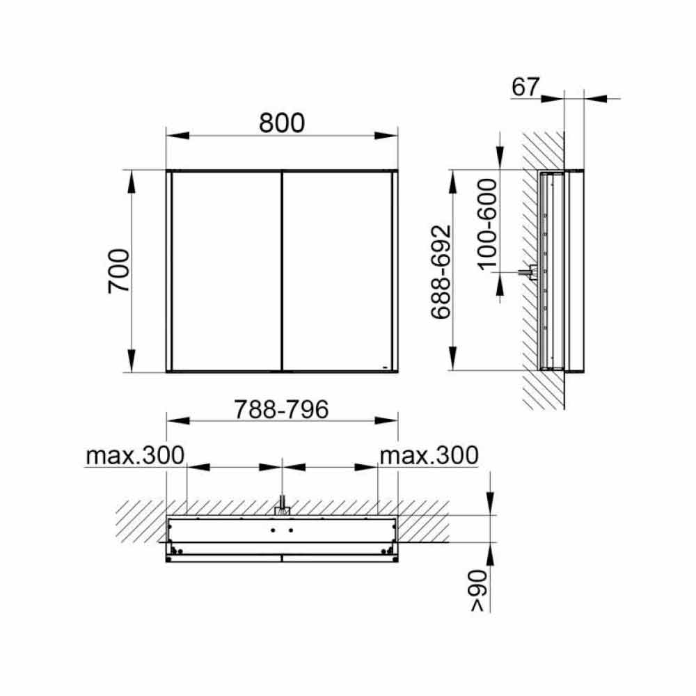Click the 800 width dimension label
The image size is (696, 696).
pyautogui.click(x=282, y=123)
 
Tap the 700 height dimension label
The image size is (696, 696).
pyautogui.click(x=119, y=271)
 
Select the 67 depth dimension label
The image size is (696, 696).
pyautogui.click(x=525, y=87)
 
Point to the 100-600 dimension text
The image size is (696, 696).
pyautogui.click(x=487, y=223)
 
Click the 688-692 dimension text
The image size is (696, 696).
pyautogui.click(x=441, y=271)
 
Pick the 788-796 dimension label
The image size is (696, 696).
pyautogui.click(x=281, y=409)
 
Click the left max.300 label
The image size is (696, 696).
pyautogui.click(x=135, y=455)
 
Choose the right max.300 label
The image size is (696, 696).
pyautogui.click(x=429, y=455)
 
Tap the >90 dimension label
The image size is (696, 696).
pyautogui.click(x=479, y=591)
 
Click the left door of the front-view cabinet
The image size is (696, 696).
pyautogui.click(x=226, y=271)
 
